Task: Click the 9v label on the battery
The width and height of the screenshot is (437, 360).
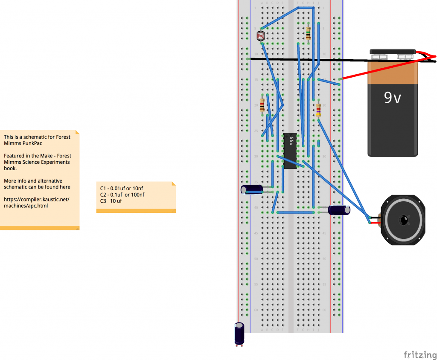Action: click(393, 98)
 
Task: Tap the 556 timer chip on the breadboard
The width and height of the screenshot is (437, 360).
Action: click(290, 151)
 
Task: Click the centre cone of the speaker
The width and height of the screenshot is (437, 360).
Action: click(403, 220)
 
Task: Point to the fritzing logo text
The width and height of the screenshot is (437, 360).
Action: click(420, 354)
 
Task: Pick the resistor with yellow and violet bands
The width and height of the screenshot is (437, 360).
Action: click(318, 110)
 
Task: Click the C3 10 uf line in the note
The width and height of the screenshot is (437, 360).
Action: click(111, 201)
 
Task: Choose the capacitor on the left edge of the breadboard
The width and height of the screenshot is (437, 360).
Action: click(252, 189)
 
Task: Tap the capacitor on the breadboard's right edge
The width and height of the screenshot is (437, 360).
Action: click(339, 210)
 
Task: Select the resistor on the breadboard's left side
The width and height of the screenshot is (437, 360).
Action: click(262, 105)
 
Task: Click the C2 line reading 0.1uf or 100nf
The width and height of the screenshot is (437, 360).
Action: click(122, 195)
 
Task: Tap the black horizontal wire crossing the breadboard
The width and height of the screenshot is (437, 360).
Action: click(299, 60)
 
